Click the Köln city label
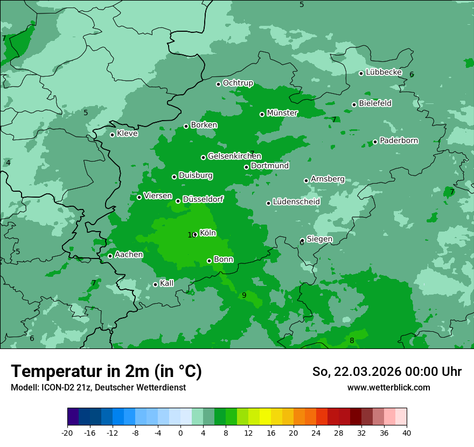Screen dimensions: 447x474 tap(208, 233)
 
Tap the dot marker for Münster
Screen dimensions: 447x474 tap(262, 114)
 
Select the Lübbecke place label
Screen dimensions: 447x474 tap(384, 72)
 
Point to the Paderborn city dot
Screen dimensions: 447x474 tap(375, 142)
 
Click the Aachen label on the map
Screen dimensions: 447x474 tap(129, 255)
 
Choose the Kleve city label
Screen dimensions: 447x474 tap(127, 134)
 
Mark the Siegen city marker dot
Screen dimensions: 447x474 tap(302, 241)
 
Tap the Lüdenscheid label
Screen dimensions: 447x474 tap(296, 202)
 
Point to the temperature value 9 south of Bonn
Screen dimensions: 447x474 tap(244, 295)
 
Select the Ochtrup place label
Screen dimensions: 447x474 tap(238, 83)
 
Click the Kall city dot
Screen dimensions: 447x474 tap(155, 284)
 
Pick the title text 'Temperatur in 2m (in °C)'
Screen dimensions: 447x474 tap(106, 372)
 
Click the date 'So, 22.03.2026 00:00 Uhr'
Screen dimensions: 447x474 tap(387, 372)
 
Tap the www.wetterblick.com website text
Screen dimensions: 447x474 tap(388, 387)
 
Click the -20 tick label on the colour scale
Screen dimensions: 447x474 tap(67, 433)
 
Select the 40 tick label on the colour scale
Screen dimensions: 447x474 tap(407, 433)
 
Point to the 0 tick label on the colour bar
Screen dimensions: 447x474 tap(180, 433)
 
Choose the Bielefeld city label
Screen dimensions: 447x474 tap(375, 103)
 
